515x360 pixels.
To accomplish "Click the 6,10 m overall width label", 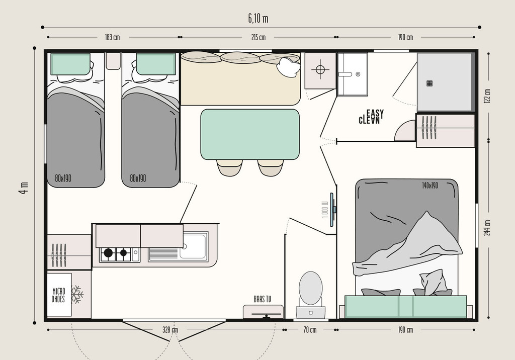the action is pos(258,19).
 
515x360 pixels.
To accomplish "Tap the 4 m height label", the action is pos(24,188).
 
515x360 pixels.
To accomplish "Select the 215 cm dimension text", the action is pos(258,37).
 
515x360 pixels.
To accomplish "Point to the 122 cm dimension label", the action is pos(487,96).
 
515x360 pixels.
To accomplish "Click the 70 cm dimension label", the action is pos(309,330).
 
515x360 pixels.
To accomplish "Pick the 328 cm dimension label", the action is pos(170,330).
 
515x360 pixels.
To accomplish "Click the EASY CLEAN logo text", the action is pos(371,117).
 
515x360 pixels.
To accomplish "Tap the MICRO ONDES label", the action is pos(58,295).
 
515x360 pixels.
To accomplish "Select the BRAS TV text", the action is pos(263,299).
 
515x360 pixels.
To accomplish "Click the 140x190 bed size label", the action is pos(430,186).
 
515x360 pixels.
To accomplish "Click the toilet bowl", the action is pos(311,289).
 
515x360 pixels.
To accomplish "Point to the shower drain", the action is pos(430,83).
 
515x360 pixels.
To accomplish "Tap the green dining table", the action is pos(250,134).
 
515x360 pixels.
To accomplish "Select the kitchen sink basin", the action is pos(194,246).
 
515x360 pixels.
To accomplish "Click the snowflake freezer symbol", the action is pos(77,295).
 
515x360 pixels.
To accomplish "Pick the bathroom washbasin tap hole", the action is pos(358,74).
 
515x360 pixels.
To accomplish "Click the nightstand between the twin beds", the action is pos(113,61).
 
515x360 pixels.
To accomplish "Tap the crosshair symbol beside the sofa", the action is pos(320,69).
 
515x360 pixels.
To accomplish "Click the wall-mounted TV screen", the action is pos(332,210).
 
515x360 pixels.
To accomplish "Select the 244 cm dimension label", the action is pos(487,228).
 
